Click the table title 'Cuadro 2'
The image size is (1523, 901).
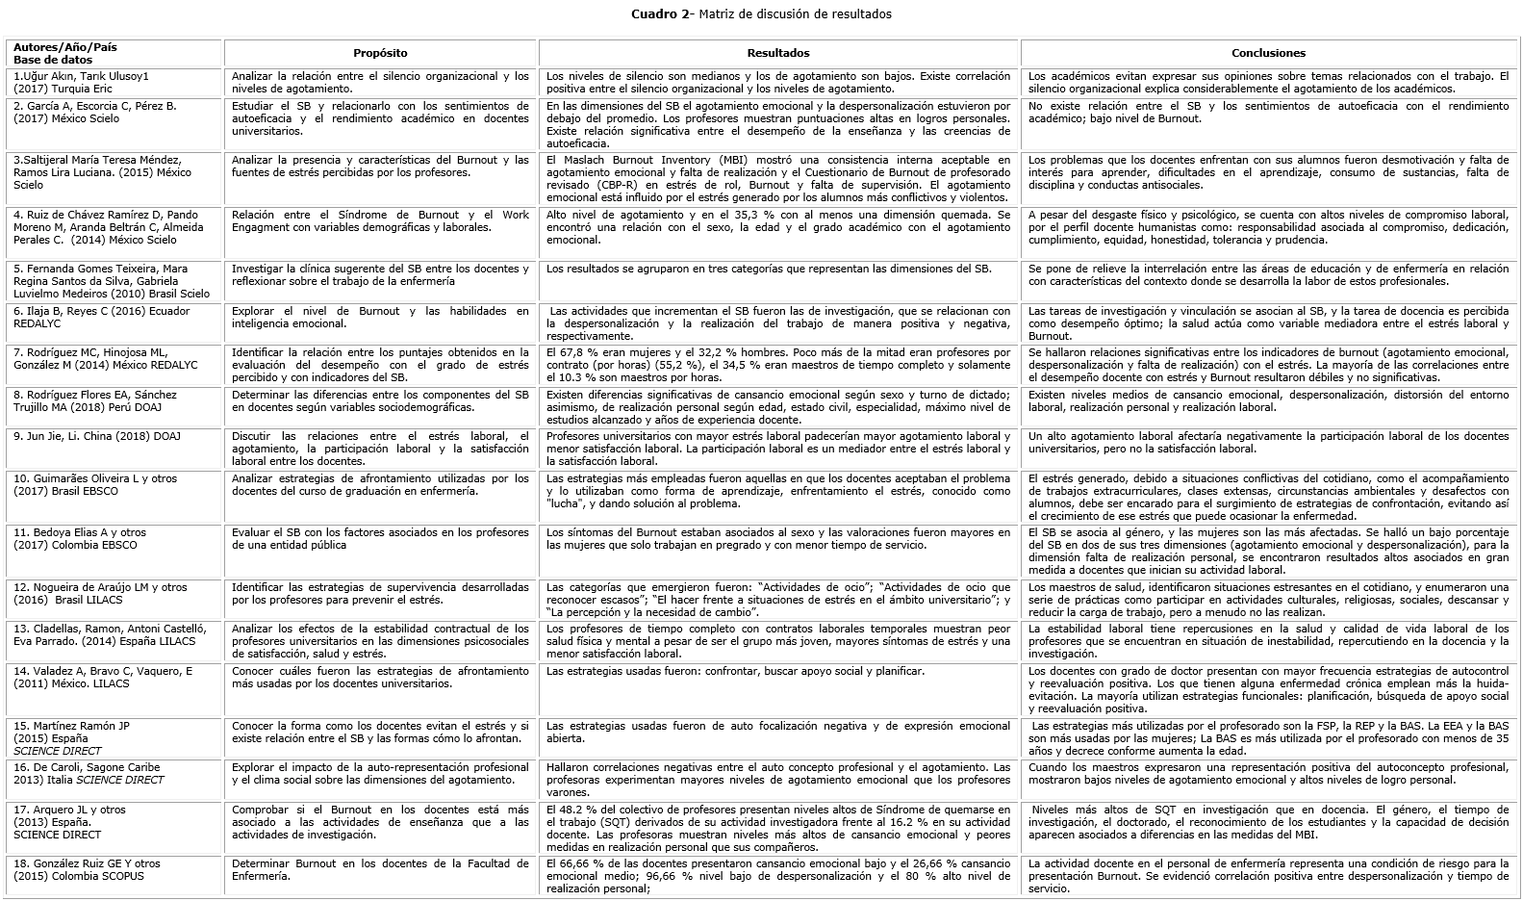pyautogui.click(x=659, y=13)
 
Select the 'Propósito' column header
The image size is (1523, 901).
pyautogui.click(x=380, y=53)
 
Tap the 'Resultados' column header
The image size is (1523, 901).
pyautogui.click(x=778, y=53)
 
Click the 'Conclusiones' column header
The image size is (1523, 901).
pyautogui.click(x=1268, y=53)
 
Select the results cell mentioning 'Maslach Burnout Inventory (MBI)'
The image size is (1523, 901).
pyautogui.click(x=778, y=178)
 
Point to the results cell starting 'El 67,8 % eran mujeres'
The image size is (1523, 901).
pyautogui.click(x=778, y=365)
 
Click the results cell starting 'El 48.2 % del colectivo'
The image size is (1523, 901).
pyautogui.click(x=778, y=828)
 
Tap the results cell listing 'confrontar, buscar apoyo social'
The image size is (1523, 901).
pyautogui.click(x=778, y=671)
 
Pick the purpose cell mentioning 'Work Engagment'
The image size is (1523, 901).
pyautogui.click(x=380, y=221)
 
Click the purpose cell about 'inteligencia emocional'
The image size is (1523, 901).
pyautogui.click(x=380, y=317)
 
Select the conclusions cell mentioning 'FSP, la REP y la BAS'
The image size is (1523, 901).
pyautogui.click(x=1268, y=737)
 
